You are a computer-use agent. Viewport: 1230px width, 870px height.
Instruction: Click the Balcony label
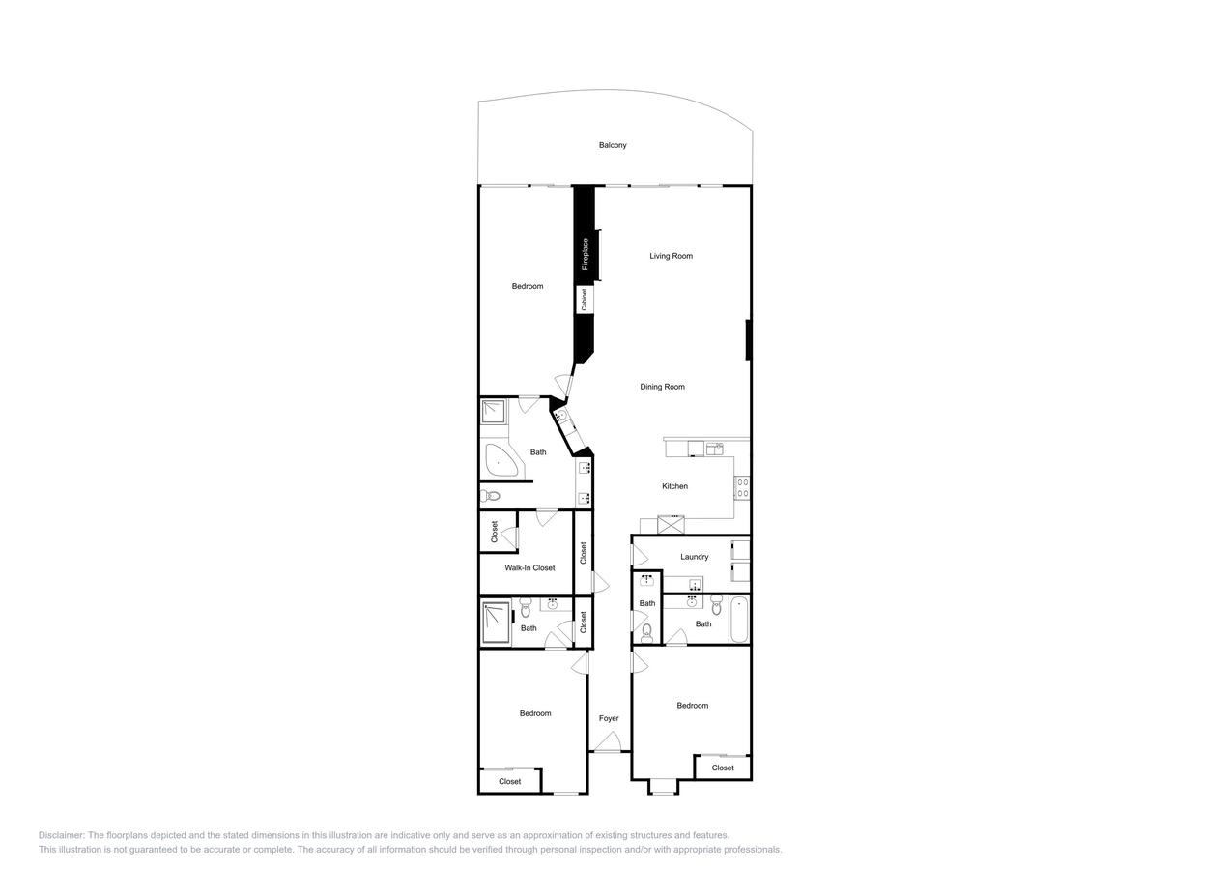[x=613, y=145]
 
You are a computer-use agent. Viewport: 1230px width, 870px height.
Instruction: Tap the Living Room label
[x=671, y=256]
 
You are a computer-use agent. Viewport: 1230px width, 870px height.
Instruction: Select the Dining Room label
[x=662, y=387]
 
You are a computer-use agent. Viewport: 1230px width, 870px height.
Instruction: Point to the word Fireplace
[x=585, y=254]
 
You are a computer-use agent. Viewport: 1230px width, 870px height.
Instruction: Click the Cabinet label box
[x=584, y=300]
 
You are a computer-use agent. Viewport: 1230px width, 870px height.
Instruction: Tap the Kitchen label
[x=674, y=486]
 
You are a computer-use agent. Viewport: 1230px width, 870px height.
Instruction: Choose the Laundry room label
[x=694, y=557]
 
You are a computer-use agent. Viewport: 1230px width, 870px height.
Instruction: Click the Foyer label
[x=609, y=718]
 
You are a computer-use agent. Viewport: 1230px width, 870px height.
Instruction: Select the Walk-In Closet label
[x=529, y=567]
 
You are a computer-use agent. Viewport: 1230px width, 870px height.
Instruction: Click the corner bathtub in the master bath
[x=501, y=461]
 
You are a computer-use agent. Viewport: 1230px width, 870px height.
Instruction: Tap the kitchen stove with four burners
[x=743, y=487]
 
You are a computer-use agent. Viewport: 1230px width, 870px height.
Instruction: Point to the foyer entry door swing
[x=607, y=741]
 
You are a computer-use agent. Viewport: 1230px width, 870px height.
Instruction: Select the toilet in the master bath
[x=490, y=496]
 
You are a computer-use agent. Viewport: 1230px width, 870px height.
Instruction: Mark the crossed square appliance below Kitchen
[x=671, y=525]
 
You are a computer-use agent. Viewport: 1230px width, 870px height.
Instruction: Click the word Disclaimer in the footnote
[x=61, y=835]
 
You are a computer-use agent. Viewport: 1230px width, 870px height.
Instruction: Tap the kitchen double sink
[x=715, y=448]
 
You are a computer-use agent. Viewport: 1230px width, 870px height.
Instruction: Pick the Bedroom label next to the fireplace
[x=528, y=286]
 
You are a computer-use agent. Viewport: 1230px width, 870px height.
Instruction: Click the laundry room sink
[x=694, y=586]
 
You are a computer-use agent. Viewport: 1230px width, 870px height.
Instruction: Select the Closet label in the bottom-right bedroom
[x=723, y=768]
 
